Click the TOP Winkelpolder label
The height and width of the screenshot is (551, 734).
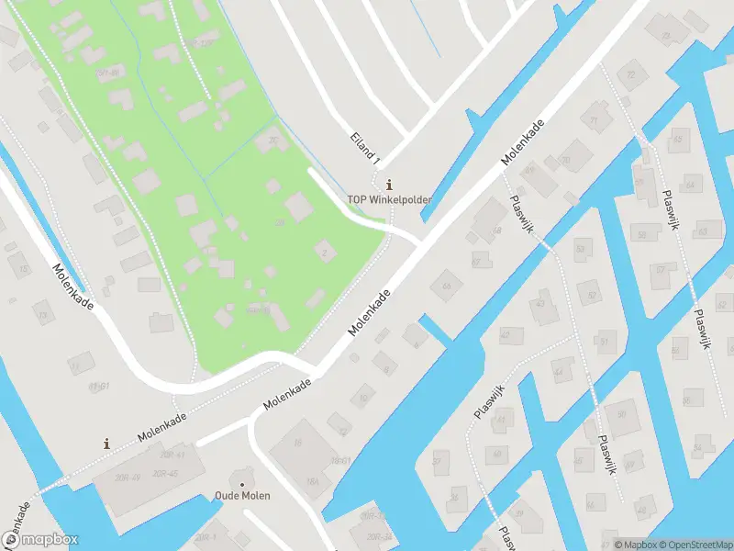(x=389, y=199)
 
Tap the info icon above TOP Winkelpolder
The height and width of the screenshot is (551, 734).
(x=391, y=184)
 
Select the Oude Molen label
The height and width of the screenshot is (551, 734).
(x=243, y=496)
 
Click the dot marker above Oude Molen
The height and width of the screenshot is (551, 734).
(x=242, y=484)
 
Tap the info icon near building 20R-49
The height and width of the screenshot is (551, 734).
(x=107, y=444)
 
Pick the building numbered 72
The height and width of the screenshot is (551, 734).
(x=630, y=75)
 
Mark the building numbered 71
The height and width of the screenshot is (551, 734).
(x=595, y=120)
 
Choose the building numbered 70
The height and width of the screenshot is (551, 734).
(x=566, y=160)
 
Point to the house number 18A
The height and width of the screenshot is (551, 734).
(x=312, y=481)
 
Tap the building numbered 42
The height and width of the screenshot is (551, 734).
(x=506, y=335)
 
